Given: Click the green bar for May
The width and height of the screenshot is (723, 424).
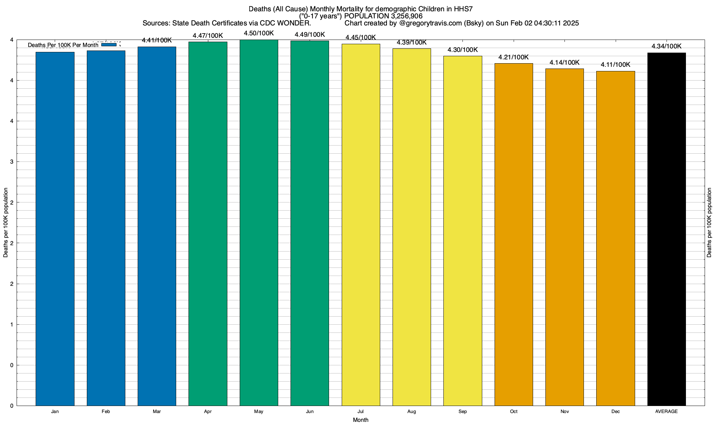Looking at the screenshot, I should point(259,223).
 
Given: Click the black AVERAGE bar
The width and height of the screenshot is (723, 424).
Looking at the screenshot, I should point(667,229).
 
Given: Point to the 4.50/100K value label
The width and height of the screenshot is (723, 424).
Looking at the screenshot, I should point(259,33).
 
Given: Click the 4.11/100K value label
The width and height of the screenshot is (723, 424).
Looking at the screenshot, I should point(615,65).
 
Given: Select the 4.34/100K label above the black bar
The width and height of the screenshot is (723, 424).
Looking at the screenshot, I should point(667,46).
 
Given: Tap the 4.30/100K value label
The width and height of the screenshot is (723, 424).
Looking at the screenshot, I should point(462,50).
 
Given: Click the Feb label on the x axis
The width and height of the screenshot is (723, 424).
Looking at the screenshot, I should point(106,412).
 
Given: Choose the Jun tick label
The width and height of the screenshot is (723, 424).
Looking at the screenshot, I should point(310,412).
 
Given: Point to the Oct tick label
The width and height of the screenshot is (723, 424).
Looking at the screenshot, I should point(514,412).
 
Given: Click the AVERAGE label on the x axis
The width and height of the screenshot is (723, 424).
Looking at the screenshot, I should point(667,412).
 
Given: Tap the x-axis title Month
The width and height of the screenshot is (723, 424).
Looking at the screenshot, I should point(360,420).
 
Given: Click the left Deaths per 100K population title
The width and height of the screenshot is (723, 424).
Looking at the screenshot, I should point(6,223).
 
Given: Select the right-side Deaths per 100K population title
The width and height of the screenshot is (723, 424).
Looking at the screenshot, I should point(709,223).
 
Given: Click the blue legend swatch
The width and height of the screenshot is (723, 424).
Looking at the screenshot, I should point(109,45).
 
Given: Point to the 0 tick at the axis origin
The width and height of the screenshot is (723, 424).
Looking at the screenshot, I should point(12,406).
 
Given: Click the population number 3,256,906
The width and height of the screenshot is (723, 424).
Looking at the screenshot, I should point(407,16).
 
